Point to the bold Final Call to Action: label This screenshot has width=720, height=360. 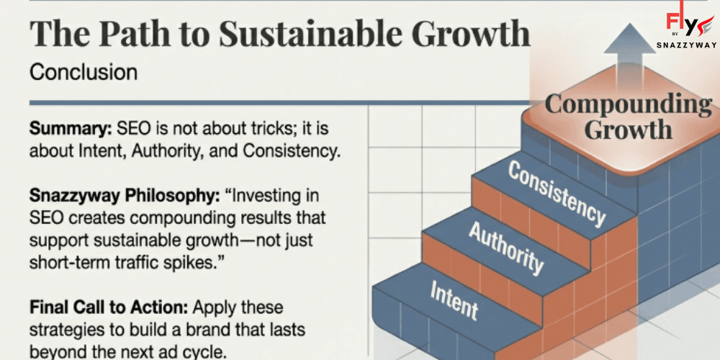point(109,307)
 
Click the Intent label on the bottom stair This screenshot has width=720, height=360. point(454,300)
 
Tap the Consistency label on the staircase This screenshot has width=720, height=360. point(557,192)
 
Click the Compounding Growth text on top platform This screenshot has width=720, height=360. point(628,116)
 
